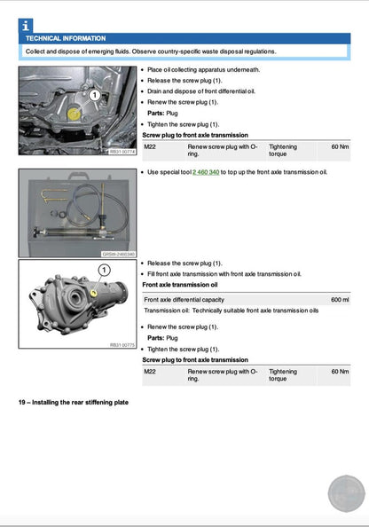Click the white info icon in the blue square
tap(25, 26)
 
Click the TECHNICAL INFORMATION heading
tap(66, 39)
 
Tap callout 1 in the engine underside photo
tap(94, 92)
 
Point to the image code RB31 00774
tap(122, 152)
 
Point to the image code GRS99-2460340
tap(120, 254)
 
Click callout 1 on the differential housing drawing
tap(103, 269)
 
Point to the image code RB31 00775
tap(122, 344)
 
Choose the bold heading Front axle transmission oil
tap(179, 285)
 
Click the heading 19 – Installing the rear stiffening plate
tap(75, 403)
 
